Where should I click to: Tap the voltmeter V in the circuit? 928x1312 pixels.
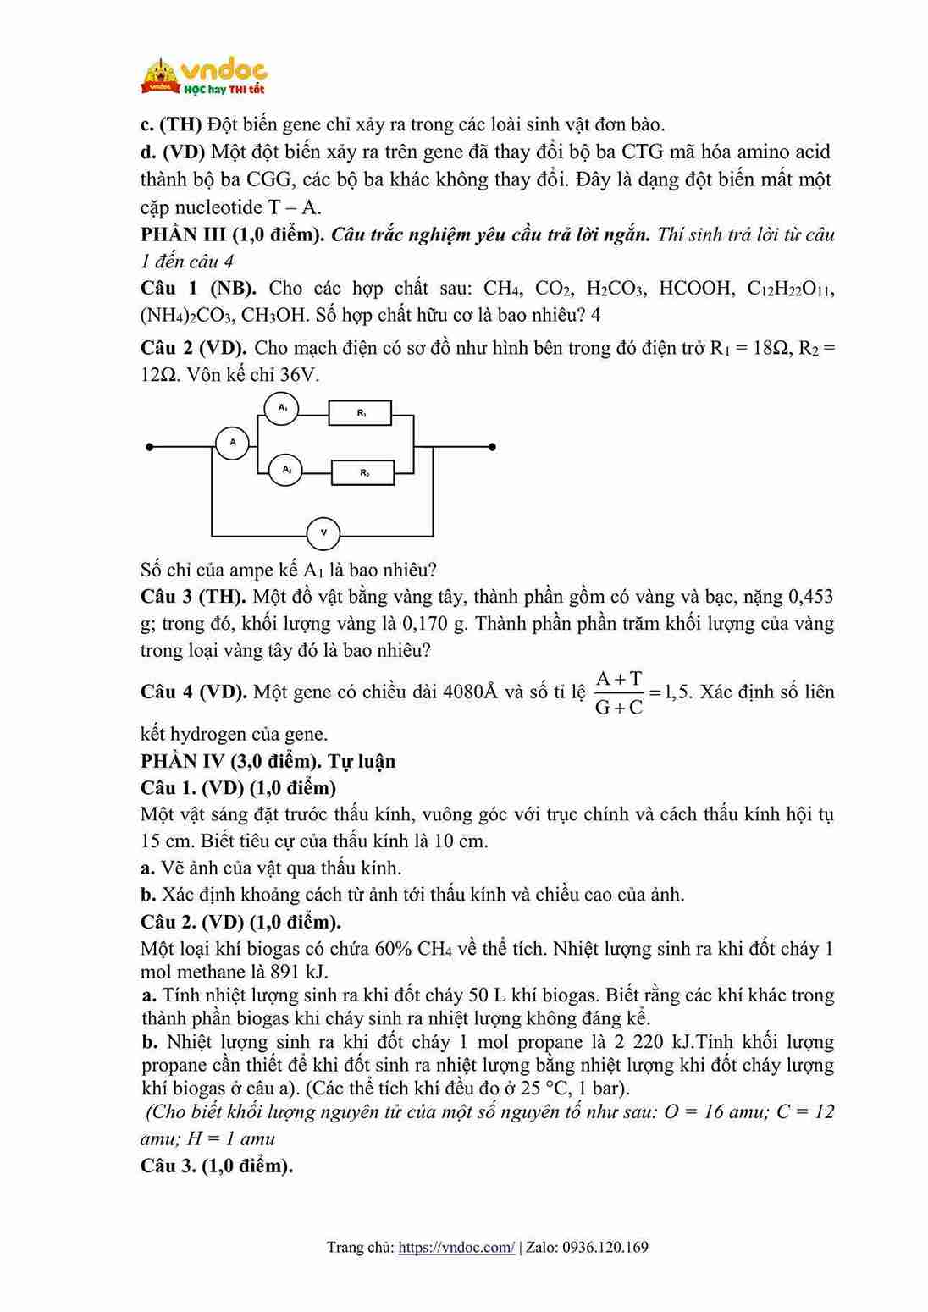(x=323, y=532)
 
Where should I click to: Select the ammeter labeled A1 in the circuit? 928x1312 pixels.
(x=283, y=409)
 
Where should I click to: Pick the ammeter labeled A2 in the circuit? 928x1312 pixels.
(x=286, y=469)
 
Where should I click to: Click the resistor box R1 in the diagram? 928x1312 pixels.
(x=361, y=413)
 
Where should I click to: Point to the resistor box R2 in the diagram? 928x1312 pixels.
(x=363, y=472)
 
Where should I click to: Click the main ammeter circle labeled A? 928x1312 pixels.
(x=233, y=442)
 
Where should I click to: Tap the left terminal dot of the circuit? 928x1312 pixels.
(x=149, y=446)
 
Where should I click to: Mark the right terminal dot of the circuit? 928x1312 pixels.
(x=492, y=446)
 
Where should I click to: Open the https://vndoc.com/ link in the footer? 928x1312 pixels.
(x=456, y=1247)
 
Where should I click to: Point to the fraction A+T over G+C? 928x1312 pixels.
(x=619, y=692)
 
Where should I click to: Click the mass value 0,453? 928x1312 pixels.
(x=810, y=597)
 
